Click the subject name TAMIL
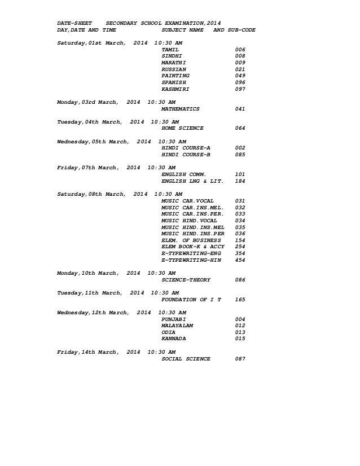click(170, 50)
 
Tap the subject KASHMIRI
click(175, 89)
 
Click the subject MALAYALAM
click(177, 326)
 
